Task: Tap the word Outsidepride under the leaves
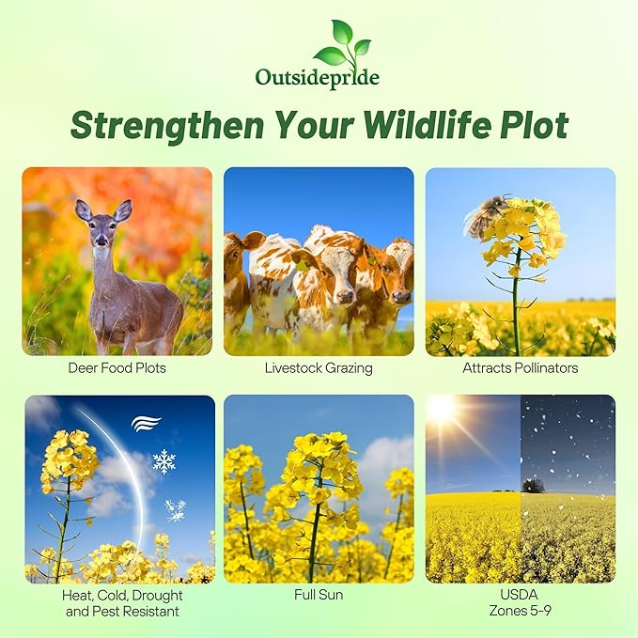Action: [318, 77]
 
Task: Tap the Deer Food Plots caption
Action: [118, 367]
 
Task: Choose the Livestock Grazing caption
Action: [319, 367]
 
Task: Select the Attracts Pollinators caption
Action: [520, 367]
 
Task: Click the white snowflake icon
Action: [164, 461]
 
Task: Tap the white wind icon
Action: [146, 423]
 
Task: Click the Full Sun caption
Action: [319, 596]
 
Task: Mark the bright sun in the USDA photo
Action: [441, 409]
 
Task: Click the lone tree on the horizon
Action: [534, 486]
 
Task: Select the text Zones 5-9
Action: [521, 612]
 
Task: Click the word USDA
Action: [521, 596]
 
